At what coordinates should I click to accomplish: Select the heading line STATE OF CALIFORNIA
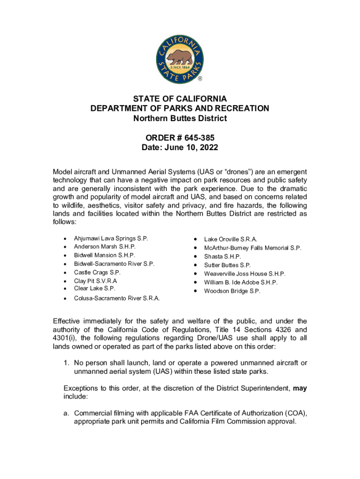tap(180, 99)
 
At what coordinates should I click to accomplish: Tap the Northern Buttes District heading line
tap(180, 118)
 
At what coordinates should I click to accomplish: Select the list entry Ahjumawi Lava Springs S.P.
tap(111, 239)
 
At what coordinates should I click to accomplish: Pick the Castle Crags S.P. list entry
tap(97, 272)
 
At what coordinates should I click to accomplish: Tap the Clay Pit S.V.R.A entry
tap(95, 281)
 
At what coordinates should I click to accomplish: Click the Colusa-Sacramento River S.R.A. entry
tap(116, 298)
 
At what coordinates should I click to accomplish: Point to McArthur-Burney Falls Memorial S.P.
tap(252, 248)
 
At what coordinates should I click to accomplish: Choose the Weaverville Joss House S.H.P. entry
tap(245, 274)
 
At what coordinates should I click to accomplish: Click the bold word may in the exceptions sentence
tap(300, 388)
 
